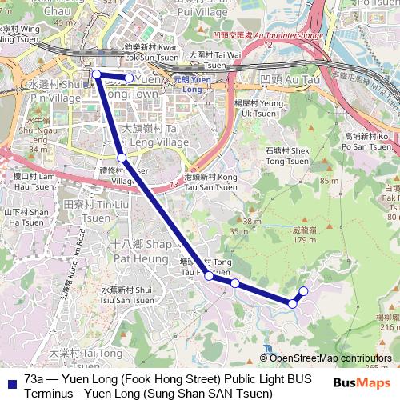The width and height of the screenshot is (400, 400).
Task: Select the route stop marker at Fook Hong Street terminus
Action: [96, 74]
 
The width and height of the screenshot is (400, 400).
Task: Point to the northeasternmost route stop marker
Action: [303, 290]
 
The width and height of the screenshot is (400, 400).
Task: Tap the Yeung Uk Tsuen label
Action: [258, 109]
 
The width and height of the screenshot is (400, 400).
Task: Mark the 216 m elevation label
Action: [388, 327]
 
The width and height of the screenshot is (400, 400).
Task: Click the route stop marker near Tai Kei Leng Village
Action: [122, 158]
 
